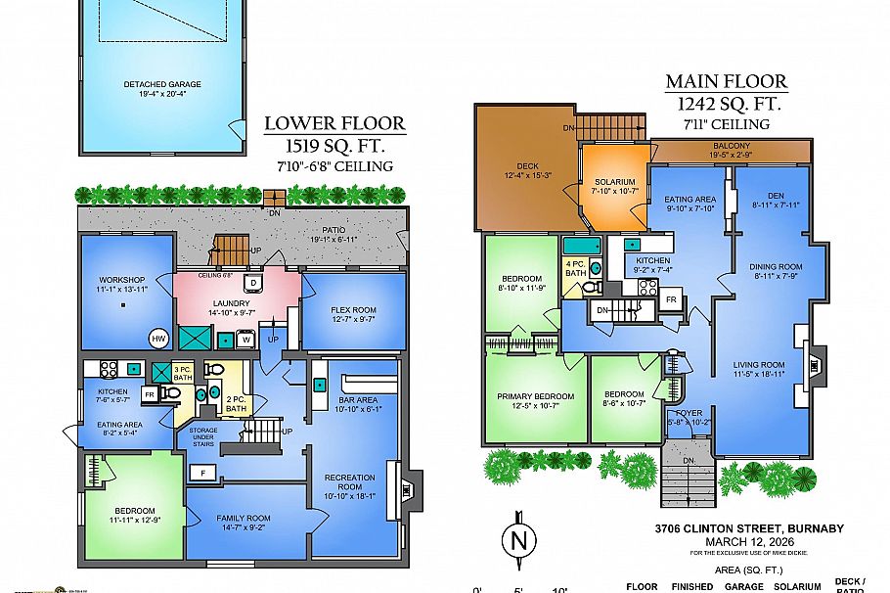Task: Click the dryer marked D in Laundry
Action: (252, 283)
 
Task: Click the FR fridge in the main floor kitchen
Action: (671, 299)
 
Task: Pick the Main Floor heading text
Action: (726, 82)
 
